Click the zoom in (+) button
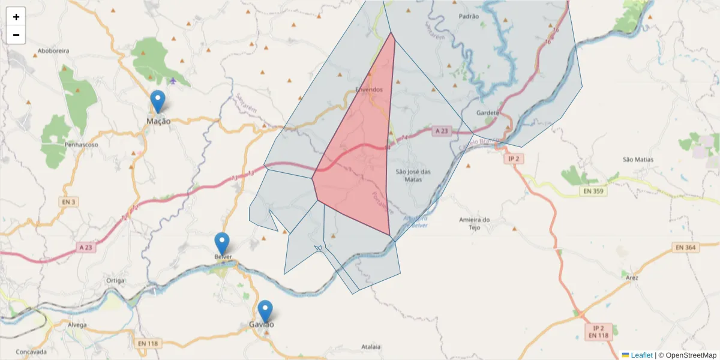pos(16,17)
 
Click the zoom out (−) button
pos(16,35)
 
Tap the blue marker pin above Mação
pos(158,101)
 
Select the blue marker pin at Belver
pos(222,244)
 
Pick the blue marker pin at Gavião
pos(265,311)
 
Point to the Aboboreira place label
pos(53,52)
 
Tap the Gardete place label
pos(487,113)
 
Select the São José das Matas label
pos(413,175)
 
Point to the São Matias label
pos(638,160)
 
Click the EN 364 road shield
pos(686,247)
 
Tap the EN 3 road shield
pos(68,202)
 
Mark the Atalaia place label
pos(372,347)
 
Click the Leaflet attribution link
pos(641,355)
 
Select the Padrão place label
pos(469,17)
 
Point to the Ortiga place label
pos(115,280)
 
